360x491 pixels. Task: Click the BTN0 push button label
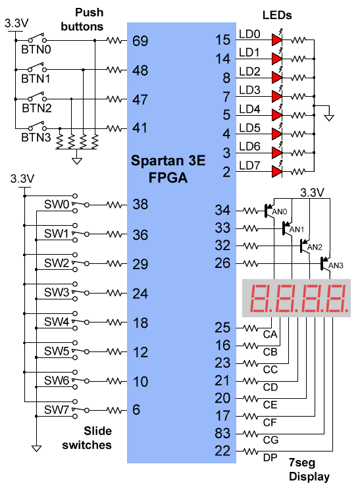[x=36, y=49]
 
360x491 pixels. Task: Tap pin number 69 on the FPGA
[x=140, y=41]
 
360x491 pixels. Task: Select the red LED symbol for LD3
[x=277, y=97]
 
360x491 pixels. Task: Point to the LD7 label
[x=249, y=165]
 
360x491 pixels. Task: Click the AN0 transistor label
[x=280, y=212]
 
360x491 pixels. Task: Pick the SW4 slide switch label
[x=57, y=322]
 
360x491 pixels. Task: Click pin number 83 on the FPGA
[x=222, y=433]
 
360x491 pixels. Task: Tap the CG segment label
[x=270, y=440]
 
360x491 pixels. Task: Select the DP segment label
[x=270, y=457]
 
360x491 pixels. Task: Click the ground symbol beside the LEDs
[x=329, y=117]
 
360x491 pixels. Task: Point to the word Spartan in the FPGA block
[x=157, y=161]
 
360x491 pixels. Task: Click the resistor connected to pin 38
[x=115, y=205]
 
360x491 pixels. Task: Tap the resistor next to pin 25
[x=251, y=328]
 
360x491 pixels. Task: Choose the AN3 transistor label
[x=336, y=265]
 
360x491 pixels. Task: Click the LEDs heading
[x=277, y=15]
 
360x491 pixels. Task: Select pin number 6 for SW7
[x=136, y=410]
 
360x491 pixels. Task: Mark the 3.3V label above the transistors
[x=312, y=192]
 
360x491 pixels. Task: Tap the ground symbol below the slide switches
[x=37, y=448]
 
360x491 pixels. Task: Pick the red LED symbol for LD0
[x=277, y=39]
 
